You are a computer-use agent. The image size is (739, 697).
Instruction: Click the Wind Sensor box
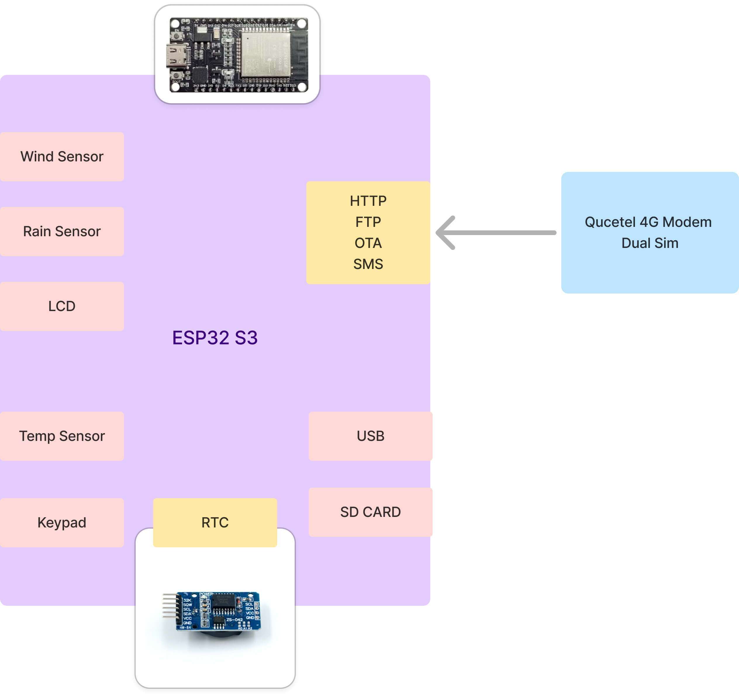(62, 156)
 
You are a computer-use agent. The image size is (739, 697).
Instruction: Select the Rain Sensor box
(62, 231)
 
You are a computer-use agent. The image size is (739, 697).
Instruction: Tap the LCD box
(62, 306)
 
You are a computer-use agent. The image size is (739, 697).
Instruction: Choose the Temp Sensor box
(62, 436)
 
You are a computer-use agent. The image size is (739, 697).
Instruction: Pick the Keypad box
(62, 522)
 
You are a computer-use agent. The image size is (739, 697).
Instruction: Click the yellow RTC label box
(215, 522)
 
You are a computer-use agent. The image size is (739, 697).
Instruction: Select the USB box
(370, 436)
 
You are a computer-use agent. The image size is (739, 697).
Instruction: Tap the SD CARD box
(370, 512)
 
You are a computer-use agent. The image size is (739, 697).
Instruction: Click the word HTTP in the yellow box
(368, 201)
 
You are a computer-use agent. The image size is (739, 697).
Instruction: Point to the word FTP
(368, 222)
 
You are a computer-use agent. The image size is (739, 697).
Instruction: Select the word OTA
(368, 243)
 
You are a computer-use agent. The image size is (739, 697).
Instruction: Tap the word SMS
(368, 264)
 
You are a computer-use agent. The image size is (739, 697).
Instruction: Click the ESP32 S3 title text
(215, 337)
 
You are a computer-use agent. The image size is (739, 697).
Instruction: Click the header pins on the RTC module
(169, 606)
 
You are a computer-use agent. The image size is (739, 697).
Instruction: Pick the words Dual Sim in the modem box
(650, 243)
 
